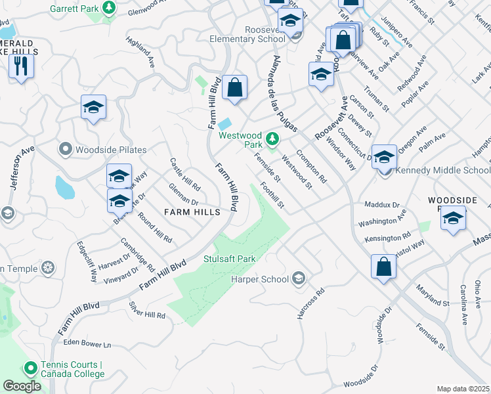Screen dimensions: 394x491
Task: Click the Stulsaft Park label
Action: tap(229, 259)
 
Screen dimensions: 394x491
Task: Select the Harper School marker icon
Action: tap(299, 279)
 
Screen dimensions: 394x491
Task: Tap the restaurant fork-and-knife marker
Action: tap(21, 66)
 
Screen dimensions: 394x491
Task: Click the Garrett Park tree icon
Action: tap(109, 9)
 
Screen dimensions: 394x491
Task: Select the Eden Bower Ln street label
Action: tap(88, 343)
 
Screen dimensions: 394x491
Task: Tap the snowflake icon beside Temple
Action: tap(47, 268)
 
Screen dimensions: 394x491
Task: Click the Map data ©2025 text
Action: tap(463, 389)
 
